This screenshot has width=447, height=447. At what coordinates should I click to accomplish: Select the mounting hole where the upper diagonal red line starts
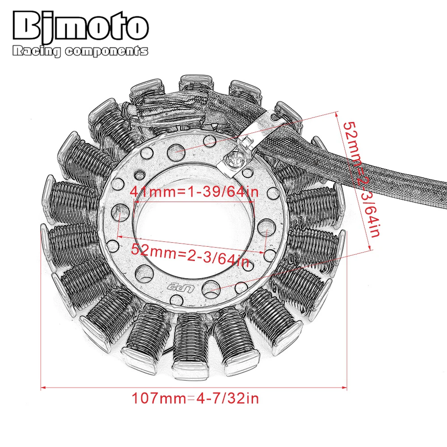pyautogui.click(x=175, y=152)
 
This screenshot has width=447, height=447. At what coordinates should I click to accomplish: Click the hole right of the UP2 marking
pyautogui.click(x=210, y=289)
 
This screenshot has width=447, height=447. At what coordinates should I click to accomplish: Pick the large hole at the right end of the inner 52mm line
pyautogui.click(x=266, y=232)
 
